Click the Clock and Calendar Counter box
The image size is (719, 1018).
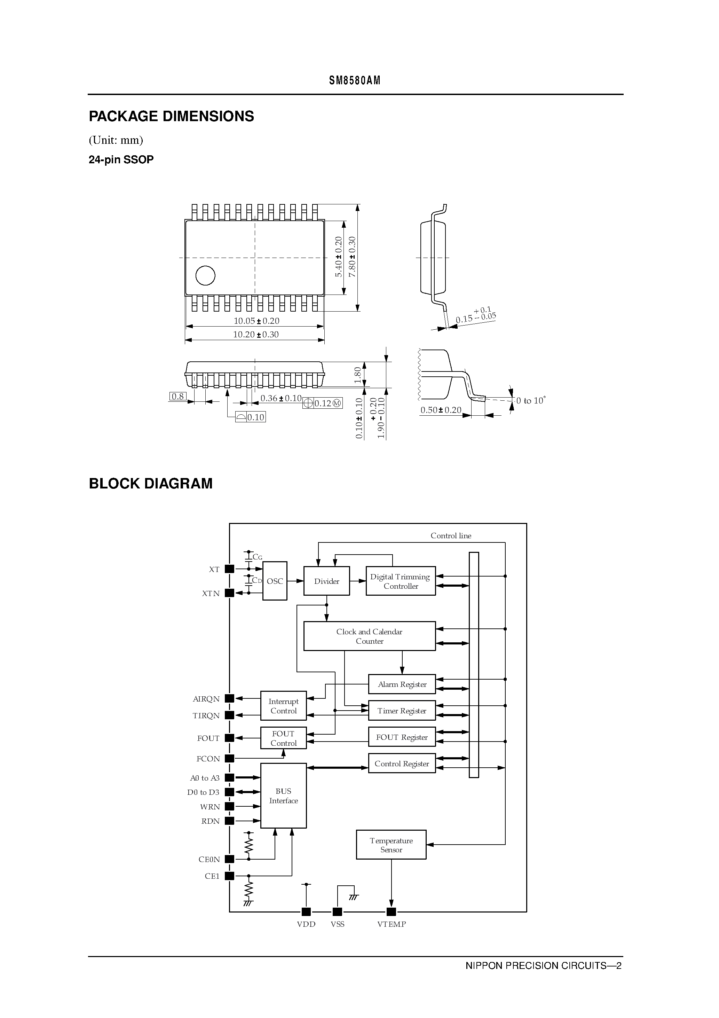[369, 636]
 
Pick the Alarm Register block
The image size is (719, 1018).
[402, 684]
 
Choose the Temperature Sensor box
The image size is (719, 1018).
[391, 845]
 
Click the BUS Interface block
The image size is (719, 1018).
[283, 796]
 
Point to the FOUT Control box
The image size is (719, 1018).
[283, 738]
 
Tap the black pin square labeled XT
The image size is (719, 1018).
[229, 569]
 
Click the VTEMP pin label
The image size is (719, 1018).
[392, 924]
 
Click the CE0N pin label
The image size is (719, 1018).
[209, 859]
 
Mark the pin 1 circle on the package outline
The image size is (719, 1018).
[205, 275]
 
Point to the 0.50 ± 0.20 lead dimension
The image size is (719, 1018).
[441, 410]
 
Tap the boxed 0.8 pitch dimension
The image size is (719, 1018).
[178, 397]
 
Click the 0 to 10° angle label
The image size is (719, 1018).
[531, 401]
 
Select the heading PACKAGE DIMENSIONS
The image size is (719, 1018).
[171, 116]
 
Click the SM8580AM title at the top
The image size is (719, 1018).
[355, 81]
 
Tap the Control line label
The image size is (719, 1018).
[451, 535]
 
